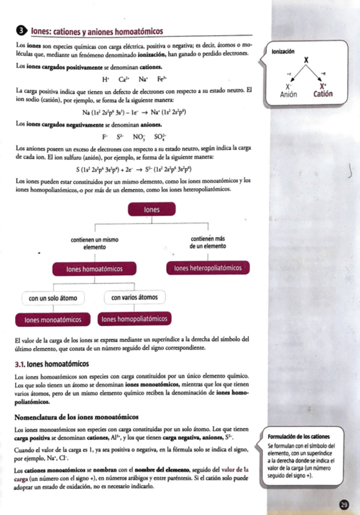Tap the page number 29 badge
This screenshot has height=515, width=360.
pyautogui.click(x=344, y=505)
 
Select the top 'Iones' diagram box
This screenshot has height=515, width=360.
pyautogui.click(x=151, y=210)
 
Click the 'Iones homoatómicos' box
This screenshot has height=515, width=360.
pyautogui.click(x=95, y=268)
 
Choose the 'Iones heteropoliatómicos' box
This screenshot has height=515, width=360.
pyautogui.click(x=208, y=268)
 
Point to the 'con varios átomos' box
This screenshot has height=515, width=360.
pyautogui.click(x=134, y=298)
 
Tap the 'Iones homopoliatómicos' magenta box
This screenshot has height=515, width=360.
pyautogui.click(x=135, y=319)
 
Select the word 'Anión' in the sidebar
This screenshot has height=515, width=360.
pyautogui.click(x=289, y=95)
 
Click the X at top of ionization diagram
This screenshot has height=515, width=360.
pyautogui.click(x=306, y=61)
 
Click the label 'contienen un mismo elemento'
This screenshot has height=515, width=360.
pyautogui.click(x=94, y=244)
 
